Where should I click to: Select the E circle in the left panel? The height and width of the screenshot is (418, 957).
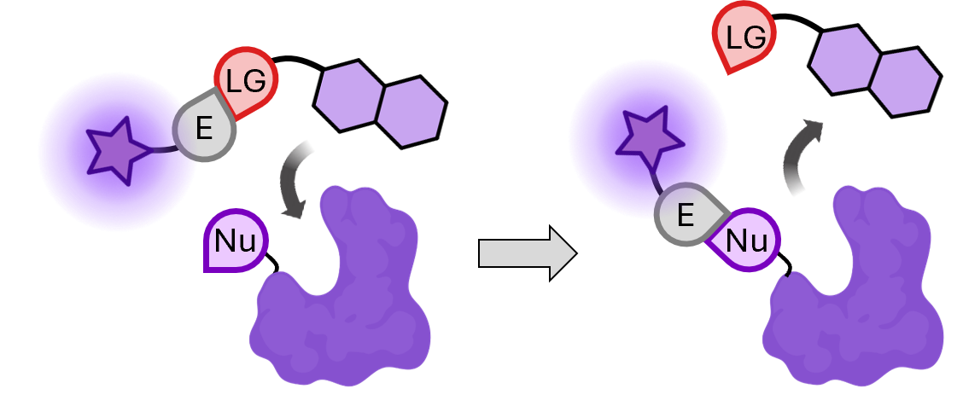click(x=205, y=129)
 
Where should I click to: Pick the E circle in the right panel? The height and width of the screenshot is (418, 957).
click(x=686, y=216)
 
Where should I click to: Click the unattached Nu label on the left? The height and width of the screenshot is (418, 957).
click(x=236, y=241)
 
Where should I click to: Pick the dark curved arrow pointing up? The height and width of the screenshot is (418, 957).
click(x=800, y=156)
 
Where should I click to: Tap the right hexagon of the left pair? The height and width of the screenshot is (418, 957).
click(x=411, y=112)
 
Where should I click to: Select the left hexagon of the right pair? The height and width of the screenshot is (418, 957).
click(x=842, y=60)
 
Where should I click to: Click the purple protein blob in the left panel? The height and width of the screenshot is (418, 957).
click(x=341, y=299)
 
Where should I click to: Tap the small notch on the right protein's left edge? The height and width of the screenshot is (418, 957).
click(x=789, y=275)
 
